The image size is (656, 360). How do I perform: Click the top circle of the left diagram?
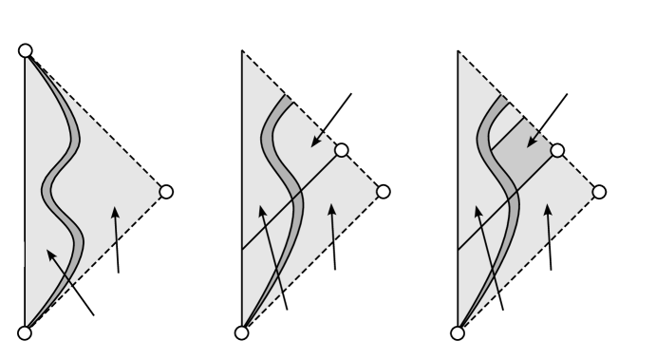click(x=26, y=50)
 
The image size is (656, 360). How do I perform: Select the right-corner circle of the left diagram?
click(x=166, y=192)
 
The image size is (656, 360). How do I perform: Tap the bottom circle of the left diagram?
click(x=26, y=332)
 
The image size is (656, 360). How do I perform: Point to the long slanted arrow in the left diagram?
click(x=70, y=283)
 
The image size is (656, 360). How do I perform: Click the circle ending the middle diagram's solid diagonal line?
click(x=342, y=150)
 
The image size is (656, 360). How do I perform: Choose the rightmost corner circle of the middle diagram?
click(x=384, y=192)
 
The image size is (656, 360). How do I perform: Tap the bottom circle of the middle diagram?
click(x=242, y=332)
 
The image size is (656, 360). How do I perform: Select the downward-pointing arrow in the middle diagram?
click(x=331, y=121)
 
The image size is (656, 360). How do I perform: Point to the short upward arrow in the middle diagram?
click(x=333, y=237)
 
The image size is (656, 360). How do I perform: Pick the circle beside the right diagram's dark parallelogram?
click(x=558, y=150)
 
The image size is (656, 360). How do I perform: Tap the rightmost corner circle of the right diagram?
click(x=599, y=192)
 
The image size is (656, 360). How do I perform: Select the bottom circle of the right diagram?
click(x=458, y=332)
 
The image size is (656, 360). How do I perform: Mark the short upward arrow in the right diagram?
click(x=550, y=237)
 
